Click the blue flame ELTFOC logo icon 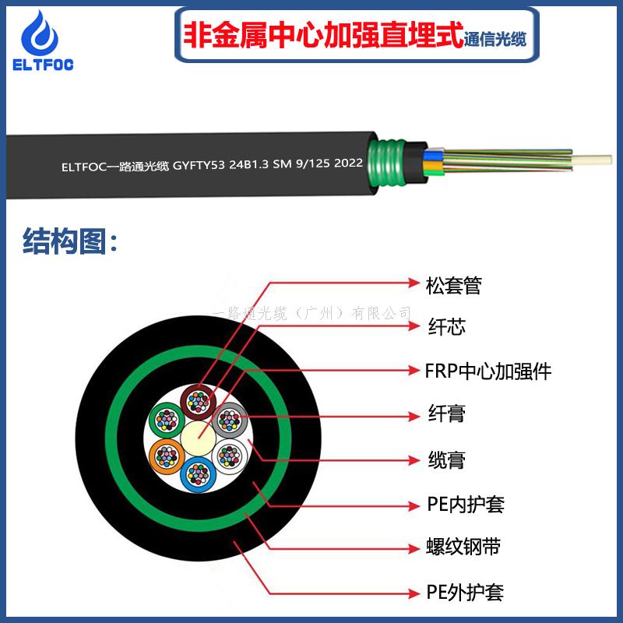click(x=40, y=33)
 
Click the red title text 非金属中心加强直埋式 click(x=323, y=35)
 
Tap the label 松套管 click(x=453, y=286)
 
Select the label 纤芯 click(x=446, y=327)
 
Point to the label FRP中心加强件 click(x=488, y=371)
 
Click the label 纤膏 click(x=446, y=414)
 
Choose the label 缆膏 click(x=446, y=459)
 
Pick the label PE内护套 click(x=466, y=505)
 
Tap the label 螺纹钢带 click(x=463, y=547)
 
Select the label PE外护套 click(x=465, y=593)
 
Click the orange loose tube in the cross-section click(x=167, y=456)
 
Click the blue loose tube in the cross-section click(x=199, y=474)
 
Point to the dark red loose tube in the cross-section click(x=199, y=402)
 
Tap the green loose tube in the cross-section click(x=167, y=420)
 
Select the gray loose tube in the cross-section click(x=230, y=420)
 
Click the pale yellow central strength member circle click(x=199, y=438)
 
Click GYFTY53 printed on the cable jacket click(x=199, y=165)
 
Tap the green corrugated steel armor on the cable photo click(x=386, y=163)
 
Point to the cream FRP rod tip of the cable click(x=592, y=160)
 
